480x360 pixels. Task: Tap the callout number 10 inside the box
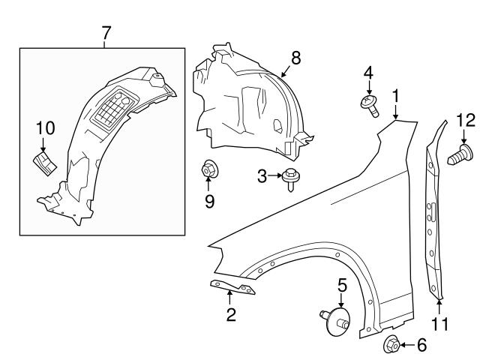(44, 127)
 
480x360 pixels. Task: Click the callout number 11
(440, 324)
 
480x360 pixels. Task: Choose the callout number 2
(231, 315)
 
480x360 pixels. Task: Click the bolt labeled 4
(370, 106)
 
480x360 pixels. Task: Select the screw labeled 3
(289, 178)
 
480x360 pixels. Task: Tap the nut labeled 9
(208, 172)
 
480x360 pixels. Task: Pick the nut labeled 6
(391, 345)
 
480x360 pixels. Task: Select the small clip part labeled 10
(44, 160)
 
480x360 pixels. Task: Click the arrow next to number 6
(406, 345)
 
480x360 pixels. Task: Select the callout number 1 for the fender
(395, 96)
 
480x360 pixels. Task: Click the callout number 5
(342, 284)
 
